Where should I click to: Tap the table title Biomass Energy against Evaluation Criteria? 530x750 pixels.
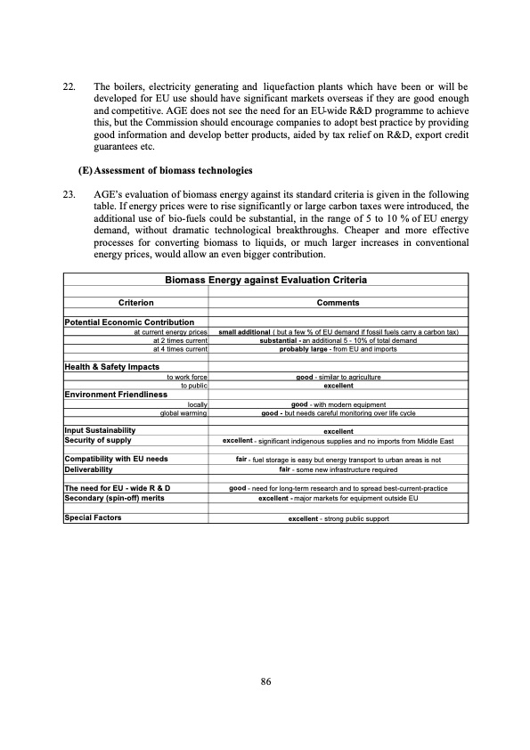coord(265,280)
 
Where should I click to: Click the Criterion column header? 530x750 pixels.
coord(136,303)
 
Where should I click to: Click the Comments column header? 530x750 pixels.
coord(338,303)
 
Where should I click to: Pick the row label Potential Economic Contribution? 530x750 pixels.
coord(135,322)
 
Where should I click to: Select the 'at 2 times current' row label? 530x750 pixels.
coord(180,339)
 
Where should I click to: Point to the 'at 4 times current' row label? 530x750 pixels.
coord(180,348)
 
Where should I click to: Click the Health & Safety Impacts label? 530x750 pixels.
coord(111,367)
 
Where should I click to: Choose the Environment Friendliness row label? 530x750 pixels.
coord(116,394)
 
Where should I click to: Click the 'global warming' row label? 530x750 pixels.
coord(183,412)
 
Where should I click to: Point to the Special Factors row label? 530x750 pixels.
coord(94,517)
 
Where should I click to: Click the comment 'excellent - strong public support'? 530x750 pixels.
coord(338,518)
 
